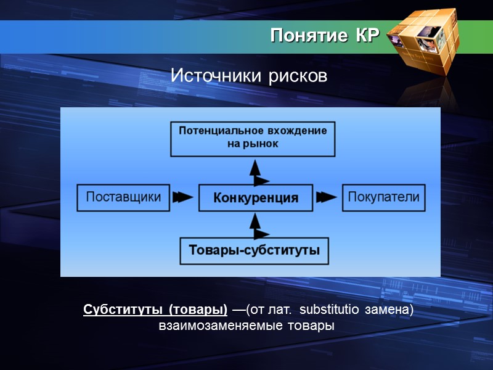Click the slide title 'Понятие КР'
pos(324,36)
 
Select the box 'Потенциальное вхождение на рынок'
pos(253,138)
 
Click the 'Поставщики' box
pos(123,198)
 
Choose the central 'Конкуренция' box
pos(255,198)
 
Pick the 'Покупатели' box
pos(383,198)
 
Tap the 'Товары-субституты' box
pos(253,251)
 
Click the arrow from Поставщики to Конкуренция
pos(182,198)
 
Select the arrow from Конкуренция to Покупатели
pos(327,198)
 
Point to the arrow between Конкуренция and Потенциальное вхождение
pos(257,171)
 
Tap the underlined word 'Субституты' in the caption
pos(123,308)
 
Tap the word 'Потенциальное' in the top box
pos(214,131)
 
